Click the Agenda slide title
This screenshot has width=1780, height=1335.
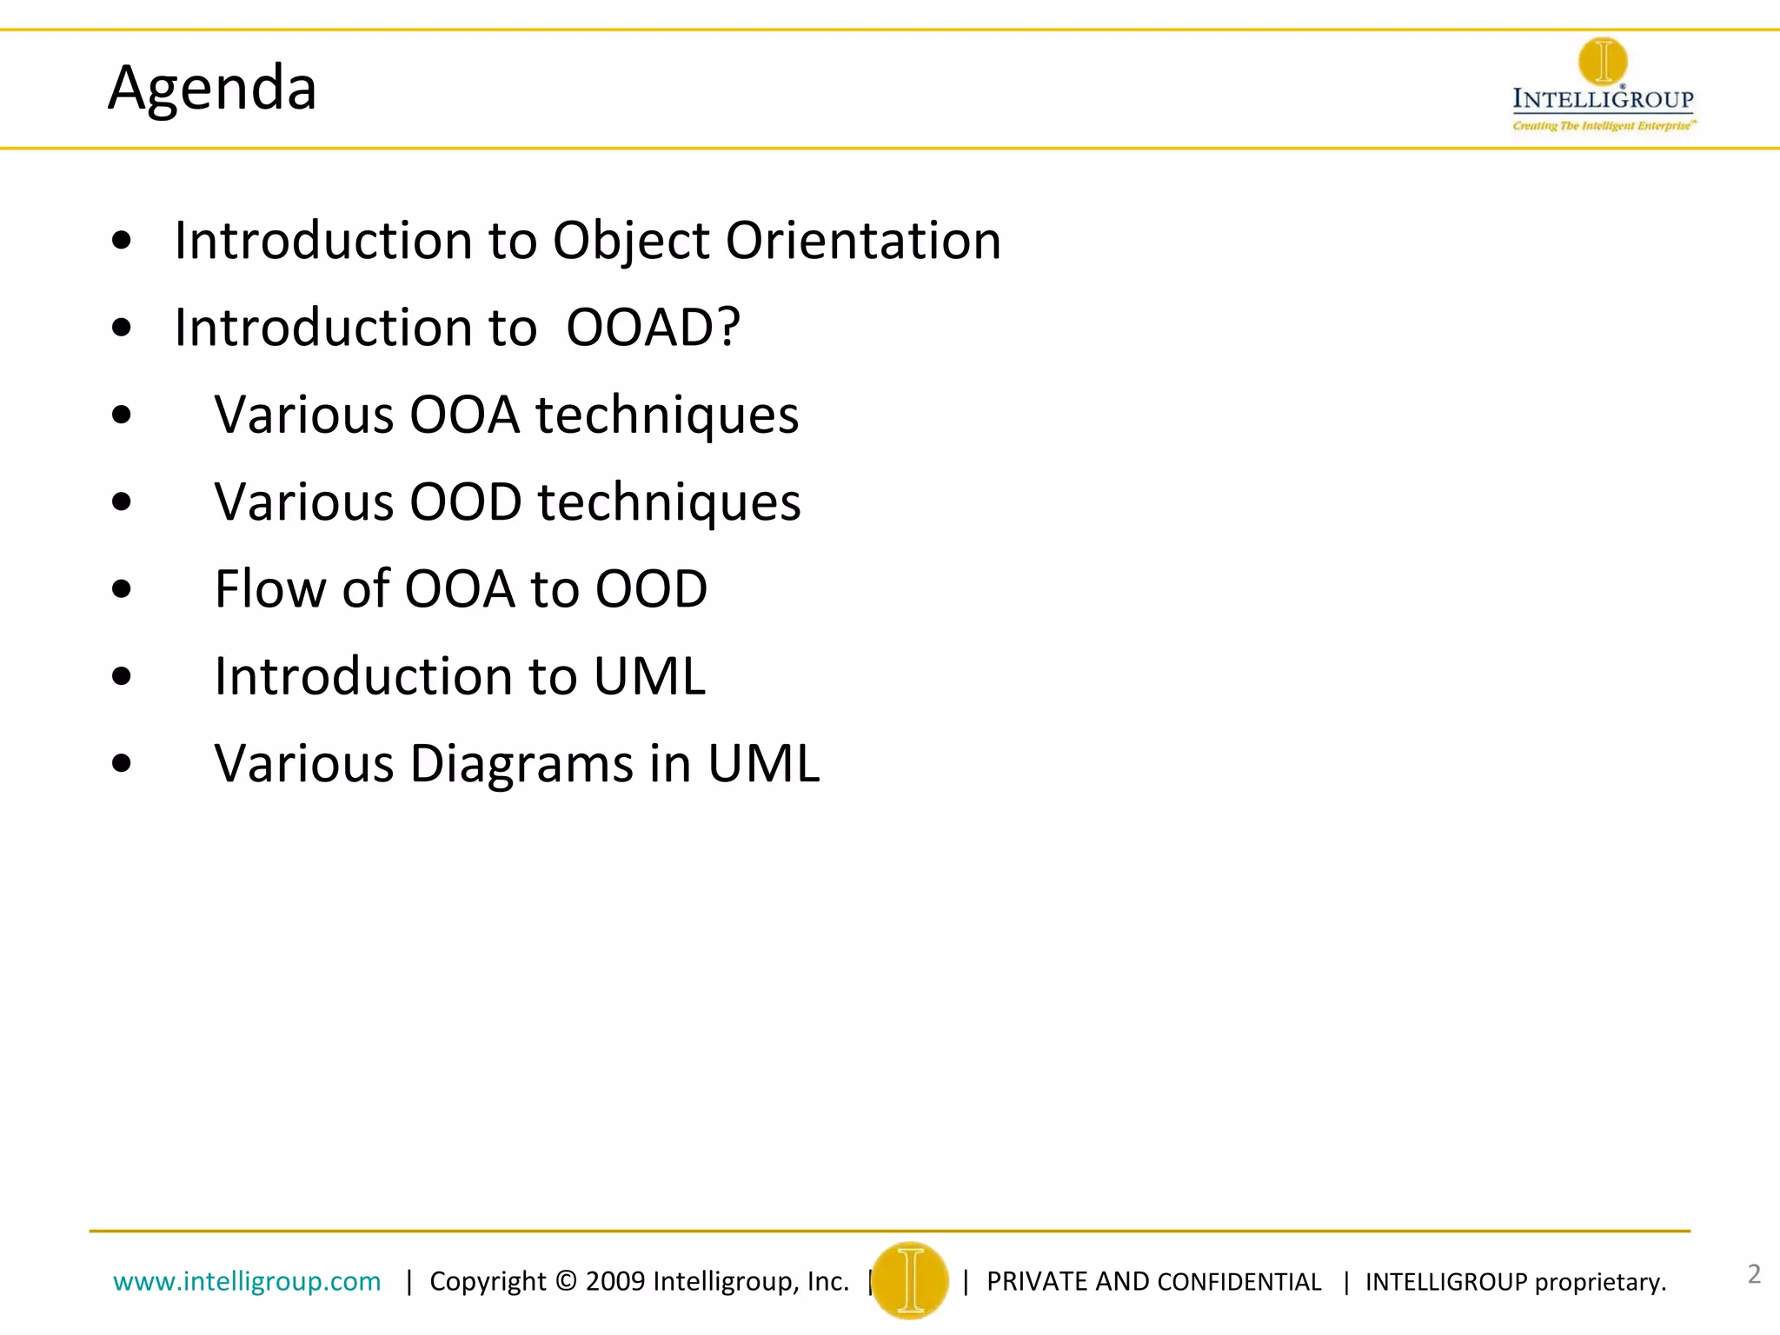click(212, 88)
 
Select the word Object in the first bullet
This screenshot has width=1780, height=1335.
click(631, 241)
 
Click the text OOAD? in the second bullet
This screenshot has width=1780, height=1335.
click(653, 328)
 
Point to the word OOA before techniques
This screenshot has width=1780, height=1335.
click(464, 415)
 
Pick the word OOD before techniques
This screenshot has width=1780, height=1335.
click(465, 502)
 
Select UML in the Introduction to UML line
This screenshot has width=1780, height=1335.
click(649, 676)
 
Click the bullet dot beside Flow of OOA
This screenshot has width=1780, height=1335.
click(122, 589)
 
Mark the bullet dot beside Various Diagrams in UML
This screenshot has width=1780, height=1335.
click(122, 764)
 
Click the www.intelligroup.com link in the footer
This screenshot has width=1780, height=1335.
click(247, 1281)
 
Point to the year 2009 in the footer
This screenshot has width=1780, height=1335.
click(614, 1281)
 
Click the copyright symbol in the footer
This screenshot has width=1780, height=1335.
click(566, 1281)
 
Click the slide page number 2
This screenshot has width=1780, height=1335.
click(1754, 1274)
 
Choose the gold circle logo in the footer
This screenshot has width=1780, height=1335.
click(910, 1280)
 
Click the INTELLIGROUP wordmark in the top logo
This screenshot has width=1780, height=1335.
click(1603, 99)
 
